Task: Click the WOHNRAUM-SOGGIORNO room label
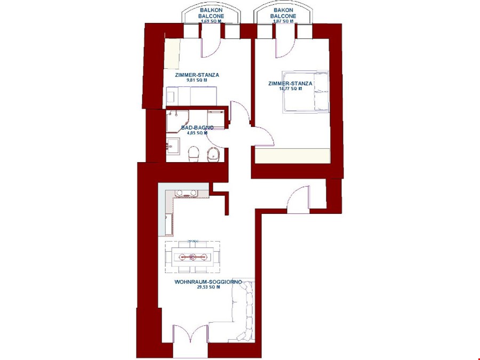click(x=208, y=282)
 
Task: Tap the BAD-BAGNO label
click(x=197, y=127)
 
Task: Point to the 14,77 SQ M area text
click(x=290, y=89)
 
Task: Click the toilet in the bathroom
click(x=194, y=154)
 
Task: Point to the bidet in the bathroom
click(x=213, y=154)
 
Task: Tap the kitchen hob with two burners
click(x=184, y=193)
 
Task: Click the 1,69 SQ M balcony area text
click(x=211, y=21)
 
